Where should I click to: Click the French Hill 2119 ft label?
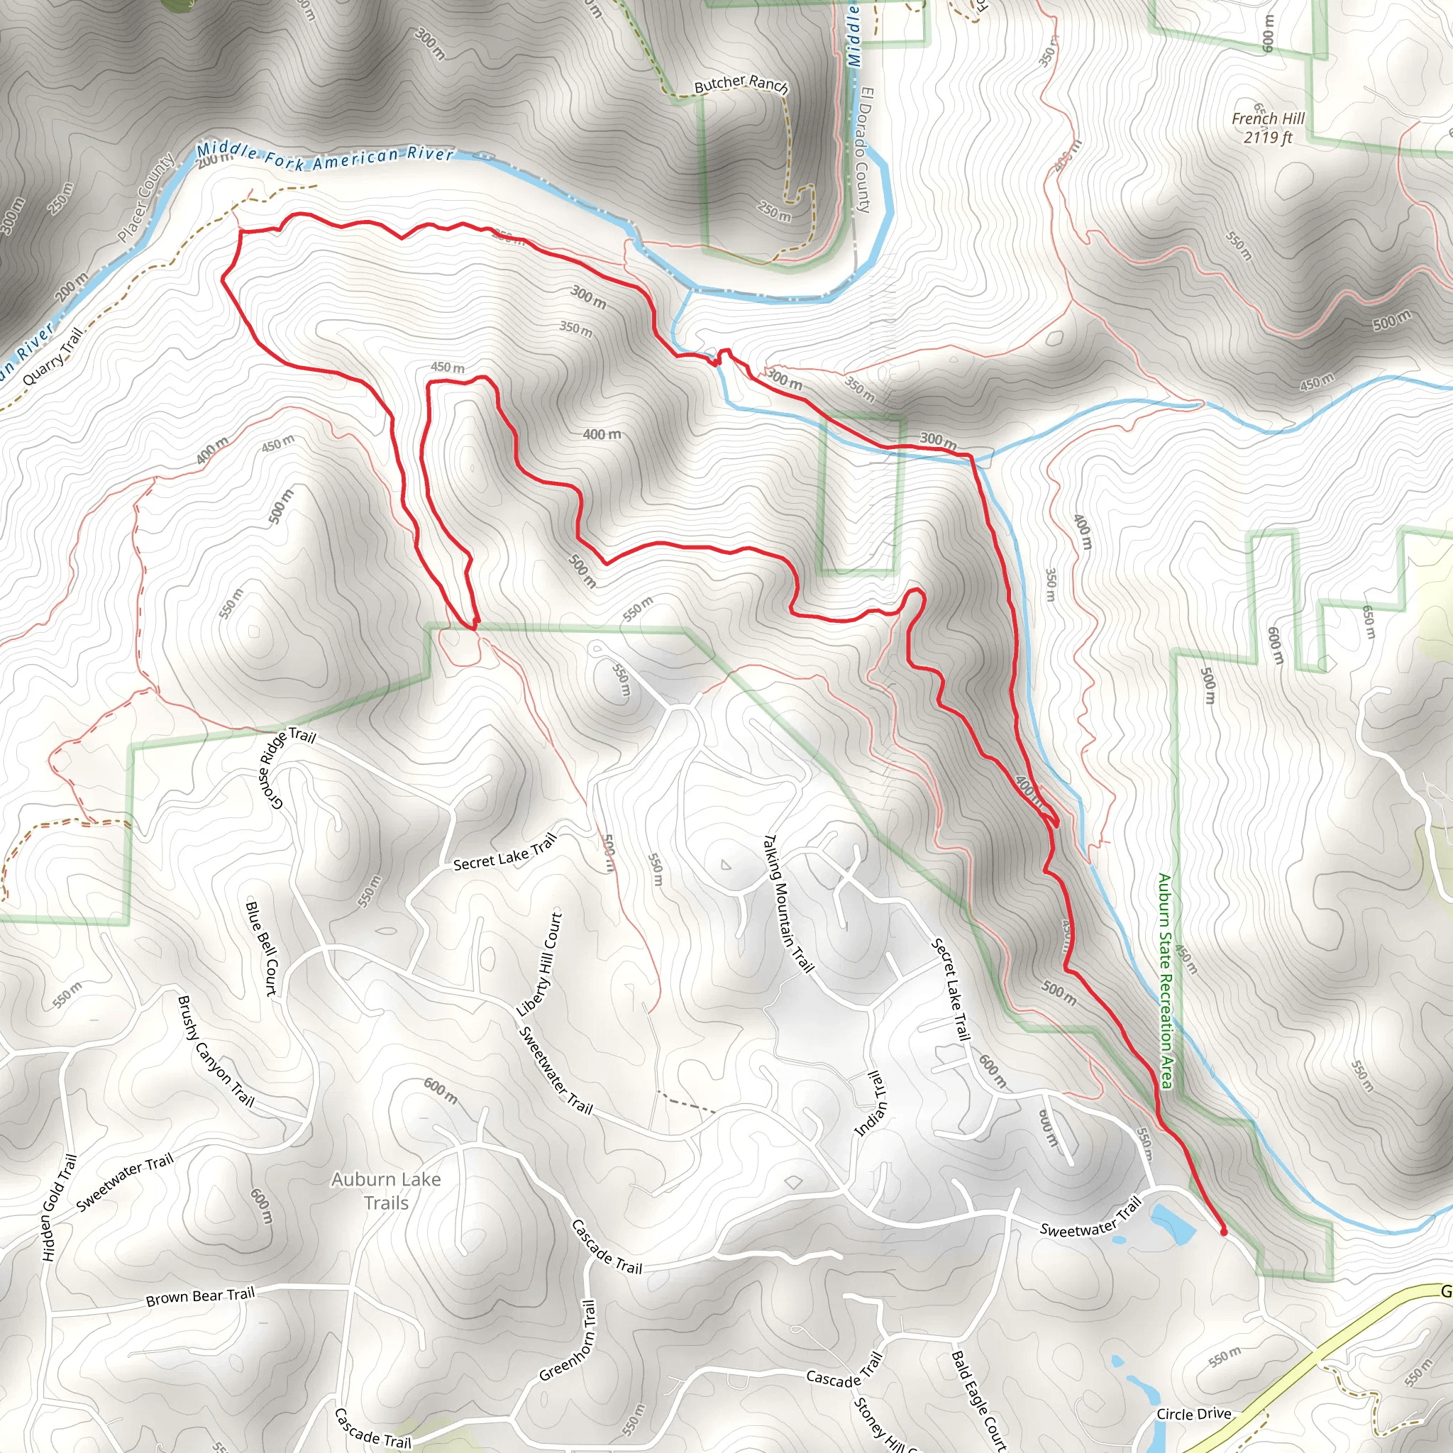tap(1267, 128)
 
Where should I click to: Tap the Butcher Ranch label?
tap(741, 84)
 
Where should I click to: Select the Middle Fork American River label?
tap(325, 155)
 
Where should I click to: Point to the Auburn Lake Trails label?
tap(386, 1190)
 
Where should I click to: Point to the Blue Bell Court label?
tap(262, 949)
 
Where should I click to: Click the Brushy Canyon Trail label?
tap(216, 1051)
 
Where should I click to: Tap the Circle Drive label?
tap(1193, 1414)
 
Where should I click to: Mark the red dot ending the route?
tap(1223, 1232)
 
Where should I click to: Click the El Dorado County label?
tap(864, 150)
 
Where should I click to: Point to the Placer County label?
tap(146, 198)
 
